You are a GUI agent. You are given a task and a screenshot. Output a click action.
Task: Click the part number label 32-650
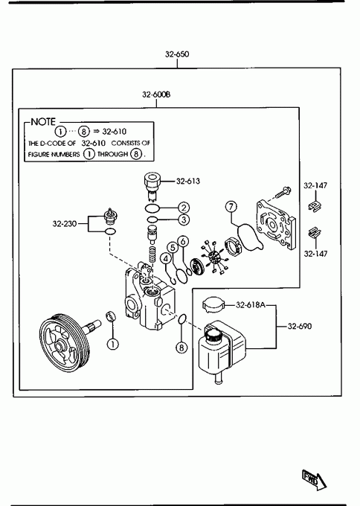[x=177, y=54]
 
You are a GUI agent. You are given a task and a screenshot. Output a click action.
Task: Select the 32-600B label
[x=156, y=95]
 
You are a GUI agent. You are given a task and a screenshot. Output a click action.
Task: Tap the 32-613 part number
[x=188, y=181]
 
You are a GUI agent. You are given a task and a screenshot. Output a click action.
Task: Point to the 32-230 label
[x=65, y=223]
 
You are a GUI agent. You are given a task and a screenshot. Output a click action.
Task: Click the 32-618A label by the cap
[x=251, y=304]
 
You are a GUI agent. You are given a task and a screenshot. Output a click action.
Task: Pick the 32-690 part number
[x=300, y=326]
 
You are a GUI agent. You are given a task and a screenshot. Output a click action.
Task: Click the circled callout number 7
[x=231, y=207]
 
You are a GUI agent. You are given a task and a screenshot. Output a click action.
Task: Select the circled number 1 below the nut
[x=112, y=344]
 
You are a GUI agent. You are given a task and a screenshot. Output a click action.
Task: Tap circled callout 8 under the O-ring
[x=181, y=348]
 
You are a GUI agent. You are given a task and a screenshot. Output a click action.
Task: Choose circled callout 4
[x=166, y=258]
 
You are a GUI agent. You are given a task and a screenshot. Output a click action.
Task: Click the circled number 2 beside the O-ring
[x=184, y=208]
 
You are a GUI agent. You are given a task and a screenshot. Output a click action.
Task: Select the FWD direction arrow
[x=314, y=480]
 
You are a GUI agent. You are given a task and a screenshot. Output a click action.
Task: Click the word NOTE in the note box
[x=43, y=121]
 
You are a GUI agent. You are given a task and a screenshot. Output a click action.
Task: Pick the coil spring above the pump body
[x=152, y=254]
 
